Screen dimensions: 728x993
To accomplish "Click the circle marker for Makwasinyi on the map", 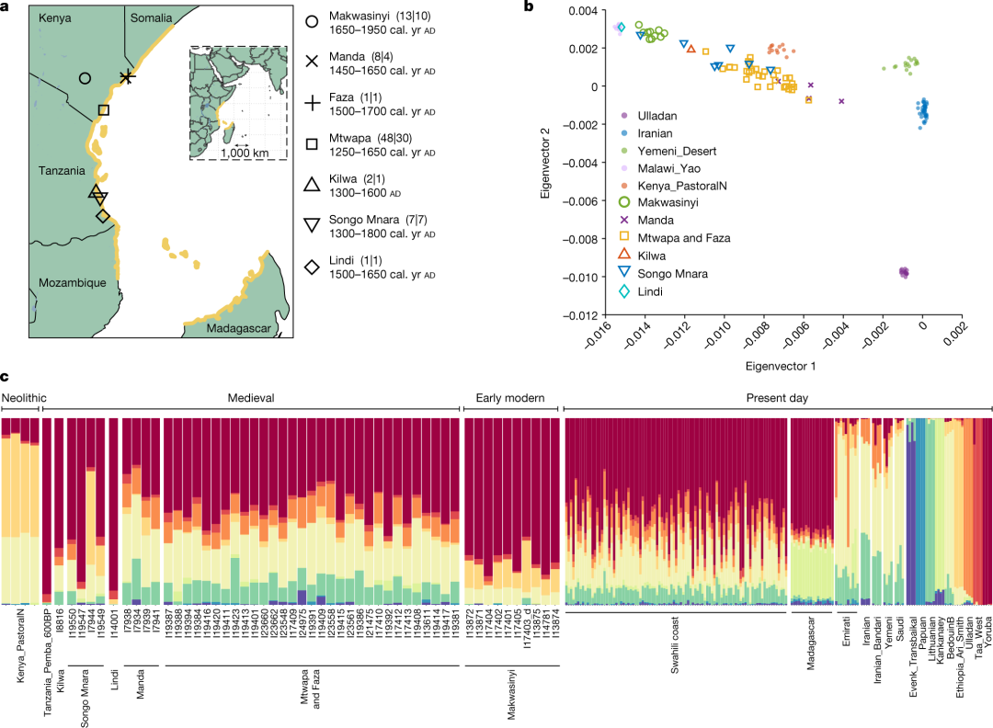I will pos(85,79).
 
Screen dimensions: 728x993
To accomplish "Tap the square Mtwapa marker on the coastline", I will pos(103,110).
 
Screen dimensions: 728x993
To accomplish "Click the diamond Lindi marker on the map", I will pos(103,215).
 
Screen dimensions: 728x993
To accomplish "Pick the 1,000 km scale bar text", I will pos(245,153).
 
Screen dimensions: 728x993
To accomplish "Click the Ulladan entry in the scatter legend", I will pos(657,116).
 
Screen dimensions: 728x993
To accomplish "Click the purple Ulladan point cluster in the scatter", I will pos(904,272).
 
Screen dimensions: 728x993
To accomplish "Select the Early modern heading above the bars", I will pos(509,397).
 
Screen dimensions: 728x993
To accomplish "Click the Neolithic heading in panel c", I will pos(25,397).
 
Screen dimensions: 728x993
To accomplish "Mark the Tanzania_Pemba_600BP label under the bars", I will pos(46,662).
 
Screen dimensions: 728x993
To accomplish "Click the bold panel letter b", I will pos(529,8).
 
